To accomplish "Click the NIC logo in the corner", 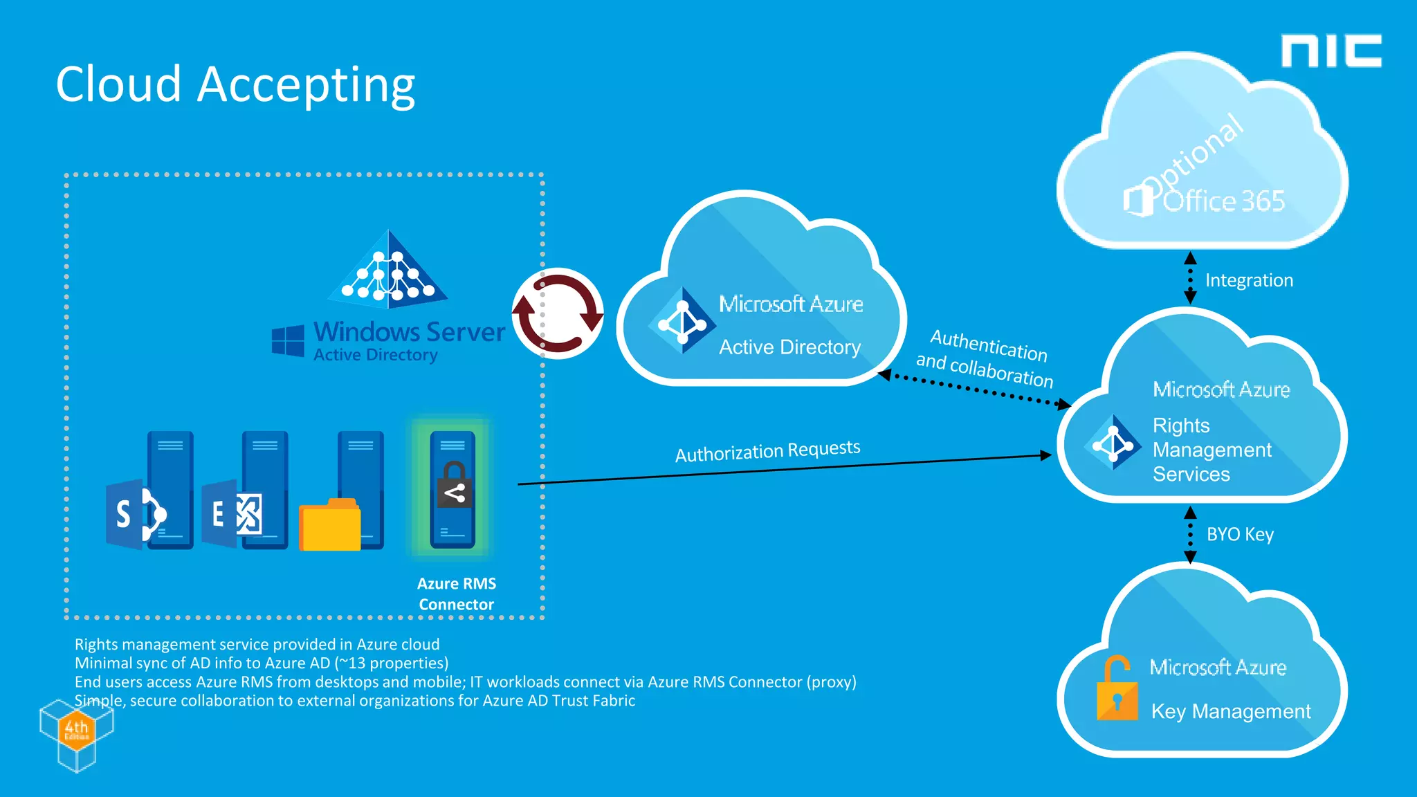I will tap(1331, 51).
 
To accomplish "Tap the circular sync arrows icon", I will tap(558, 313).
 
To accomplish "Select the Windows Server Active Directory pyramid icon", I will tap(388, 270).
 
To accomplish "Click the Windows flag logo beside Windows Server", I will tap(288, 340).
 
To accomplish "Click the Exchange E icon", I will tap(231, 514).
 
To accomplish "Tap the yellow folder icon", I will tap(329, 526).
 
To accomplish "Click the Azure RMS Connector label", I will tap(457, 594).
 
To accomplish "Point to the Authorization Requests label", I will tap(767, 451).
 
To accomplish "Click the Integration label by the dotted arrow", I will tap(1249, 280).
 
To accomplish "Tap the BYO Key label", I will tap(1240, 534).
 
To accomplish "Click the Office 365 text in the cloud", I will tap(1223, 201).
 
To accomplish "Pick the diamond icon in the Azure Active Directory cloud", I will tap(682, 321).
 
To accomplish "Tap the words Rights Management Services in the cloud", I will tap(1212, 450).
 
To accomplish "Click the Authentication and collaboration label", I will tap(985, 358).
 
